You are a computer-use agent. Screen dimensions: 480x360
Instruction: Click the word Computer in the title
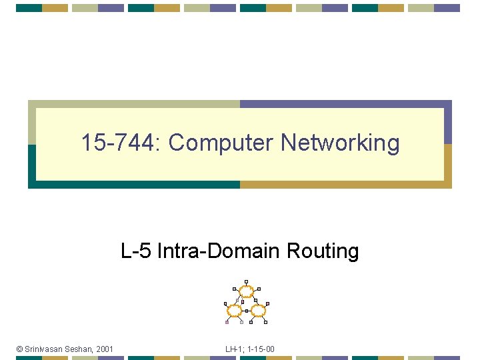(x=221, y=143)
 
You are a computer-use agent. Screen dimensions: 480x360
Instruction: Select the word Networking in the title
(x=340, y=143)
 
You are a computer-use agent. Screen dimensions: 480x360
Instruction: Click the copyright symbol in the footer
(x=20, y=349)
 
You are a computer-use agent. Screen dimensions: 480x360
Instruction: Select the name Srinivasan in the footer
(x=45, y=349)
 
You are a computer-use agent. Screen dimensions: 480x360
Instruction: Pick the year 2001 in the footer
(x=105, y=349)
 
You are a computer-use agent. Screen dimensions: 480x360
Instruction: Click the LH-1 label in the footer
(x=233, y=349)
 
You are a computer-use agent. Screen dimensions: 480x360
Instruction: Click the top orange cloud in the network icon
(x=246, y=291)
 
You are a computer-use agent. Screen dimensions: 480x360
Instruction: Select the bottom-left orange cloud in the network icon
(x=234, y=311)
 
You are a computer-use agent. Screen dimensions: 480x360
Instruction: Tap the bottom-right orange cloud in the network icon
(x=258, y=311)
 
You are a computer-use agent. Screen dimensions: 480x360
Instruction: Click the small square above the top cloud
(x=246, y=281)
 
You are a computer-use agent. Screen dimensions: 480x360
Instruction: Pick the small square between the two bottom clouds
(x=246, y=311)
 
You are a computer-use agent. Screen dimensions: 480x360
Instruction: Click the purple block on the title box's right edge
(x=448, y=123)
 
